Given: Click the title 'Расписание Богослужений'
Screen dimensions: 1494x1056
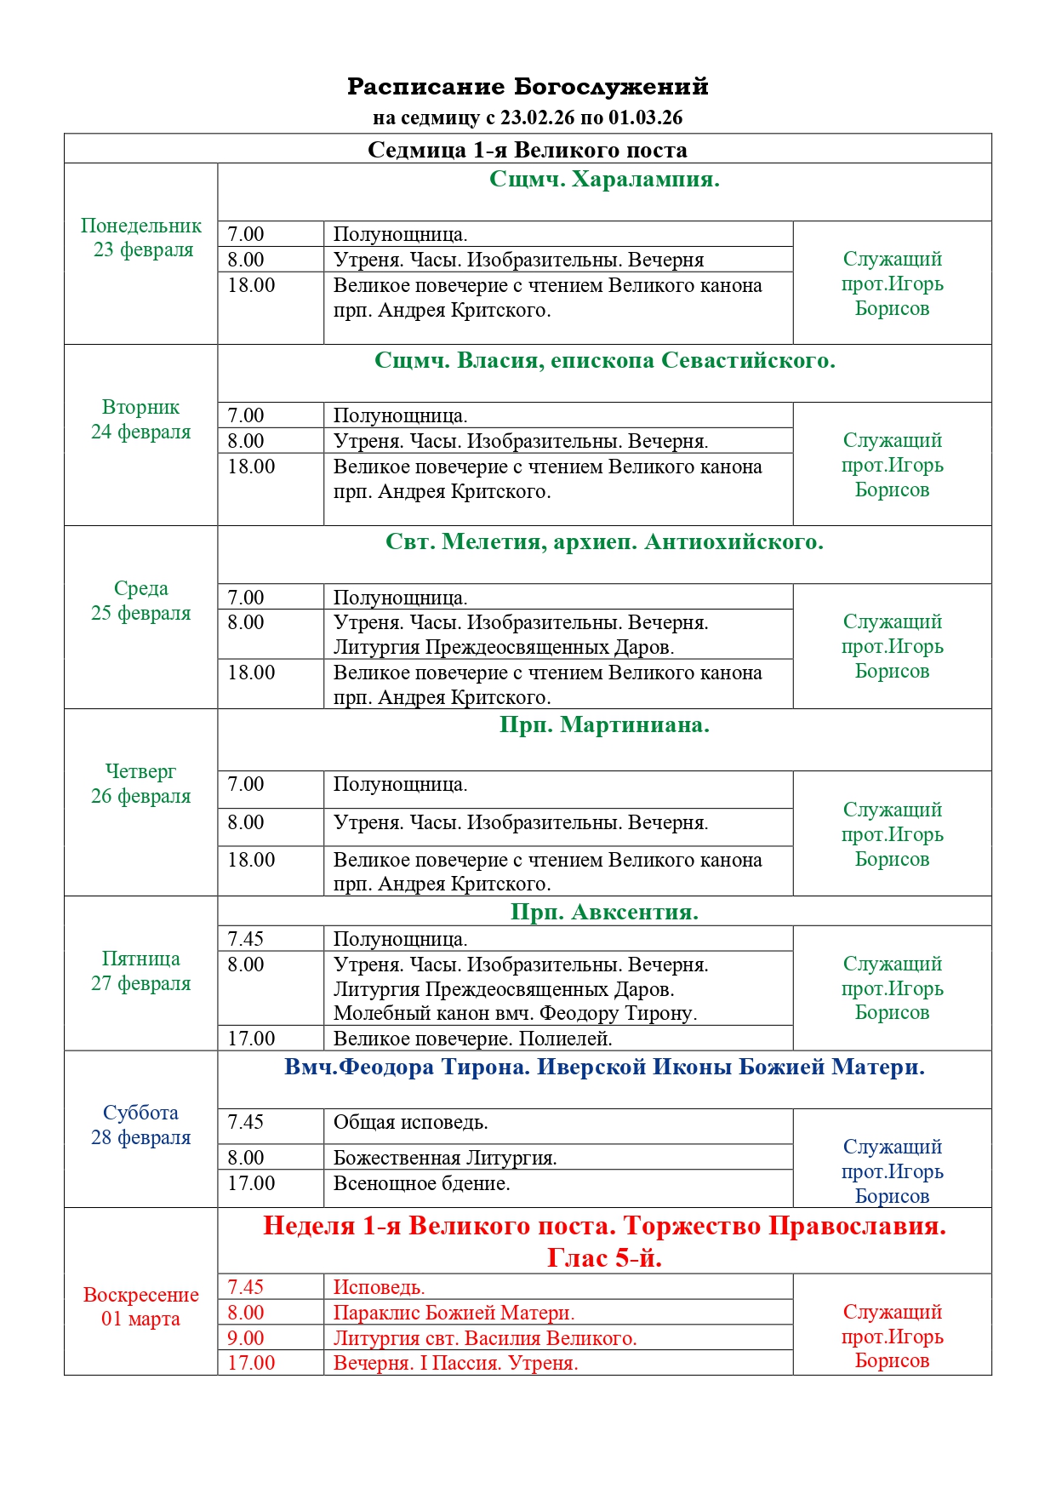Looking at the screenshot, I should coord(528,86).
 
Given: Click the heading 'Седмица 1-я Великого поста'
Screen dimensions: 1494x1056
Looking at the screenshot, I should coord(528,150).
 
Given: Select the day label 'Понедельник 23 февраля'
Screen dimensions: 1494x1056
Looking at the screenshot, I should coord(141,238).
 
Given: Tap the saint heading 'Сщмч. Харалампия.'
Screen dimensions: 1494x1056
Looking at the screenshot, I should coord(604,180).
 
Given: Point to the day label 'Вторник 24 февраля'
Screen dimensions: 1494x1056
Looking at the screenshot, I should coord(141,420).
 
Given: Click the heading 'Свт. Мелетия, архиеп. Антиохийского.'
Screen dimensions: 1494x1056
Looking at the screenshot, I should coord(604,542).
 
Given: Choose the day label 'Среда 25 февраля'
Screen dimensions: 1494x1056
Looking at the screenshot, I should coord(141,601).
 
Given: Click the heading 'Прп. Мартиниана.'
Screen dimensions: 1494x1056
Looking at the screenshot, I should coord(604,725).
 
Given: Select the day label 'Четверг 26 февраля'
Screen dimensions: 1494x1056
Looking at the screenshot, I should coord(141,784).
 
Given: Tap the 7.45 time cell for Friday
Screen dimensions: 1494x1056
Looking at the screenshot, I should coord(246,939).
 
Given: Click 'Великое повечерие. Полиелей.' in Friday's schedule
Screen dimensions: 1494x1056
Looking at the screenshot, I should coord(472,1039).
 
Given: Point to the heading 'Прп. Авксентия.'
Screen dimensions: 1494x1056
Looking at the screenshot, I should coord(604,912).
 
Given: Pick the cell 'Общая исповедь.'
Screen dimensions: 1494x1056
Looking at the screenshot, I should coord(410,1123).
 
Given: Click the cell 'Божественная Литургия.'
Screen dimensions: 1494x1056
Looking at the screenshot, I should coord(445,1158).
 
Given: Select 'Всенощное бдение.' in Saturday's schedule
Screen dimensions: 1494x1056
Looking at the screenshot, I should coord(421,1183).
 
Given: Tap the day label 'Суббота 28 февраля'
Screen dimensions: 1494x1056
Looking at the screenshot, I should coord(141,1125).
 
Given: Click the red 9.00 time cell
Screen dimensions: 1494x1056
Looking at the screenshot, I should coord(246,1338).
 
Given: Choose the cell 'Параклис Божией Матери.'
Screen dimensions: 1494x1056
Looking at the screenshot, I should coord(454,1313).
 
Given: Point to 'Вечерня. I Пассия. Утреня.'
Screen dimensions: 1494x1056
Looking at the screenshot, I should coord(455,1363).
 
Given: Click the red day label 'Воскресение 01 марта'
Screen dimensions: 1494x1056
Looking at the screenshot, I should coord(141,1307).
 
